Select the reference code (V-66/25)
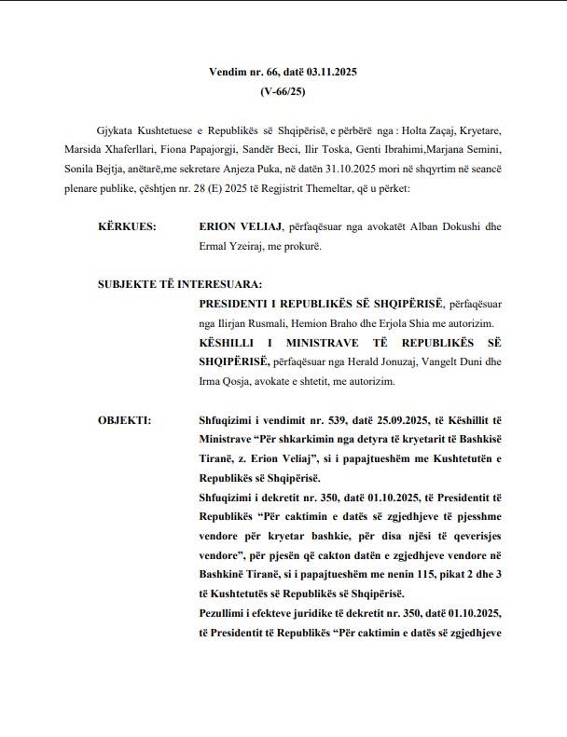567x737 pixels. pos(283,91)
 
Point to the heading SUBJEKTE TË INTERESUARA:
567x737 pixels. pos(179,284)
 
